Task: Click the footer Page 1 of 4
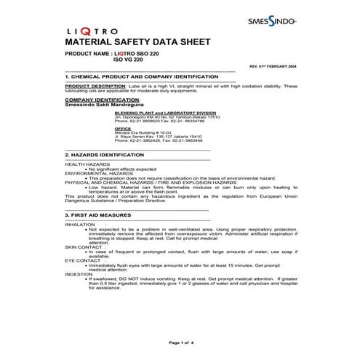point(180,342)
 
